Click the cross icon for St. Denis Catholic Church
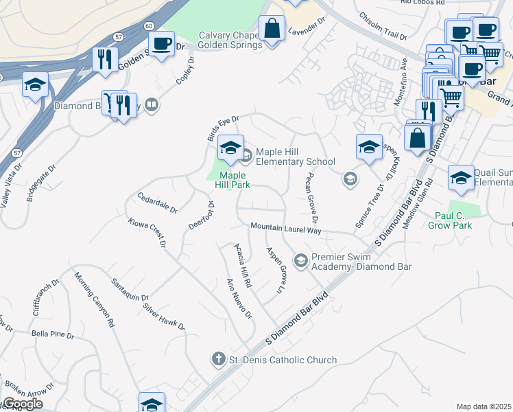218,359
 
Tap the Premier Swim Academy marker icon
300,260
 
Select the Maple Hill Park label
228,180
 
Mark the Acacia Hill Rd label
243,265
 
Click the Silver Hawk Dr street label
165,315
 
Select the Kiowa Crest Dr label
147,232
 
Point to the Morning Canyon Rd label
94,299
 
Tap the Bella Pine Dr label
52,334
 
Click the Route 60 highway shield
149,25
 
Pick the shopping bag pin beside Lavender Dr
272,29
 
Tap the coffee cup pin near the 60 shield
161,44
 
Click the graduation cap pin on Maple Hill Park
230,148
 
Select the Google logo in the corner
22,404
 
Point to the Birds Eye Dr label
223,128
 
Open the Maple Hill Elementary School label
295,157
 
